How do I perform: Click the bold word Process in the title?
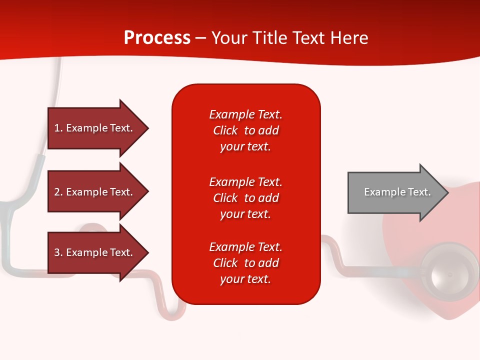[x=157, y=38]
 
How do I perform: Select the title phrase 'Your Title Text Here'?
[x=289, y=38]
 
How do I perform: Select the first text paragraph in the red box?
[x=245, y=130]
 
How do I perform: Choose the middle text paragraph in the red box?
[x=245, y=198]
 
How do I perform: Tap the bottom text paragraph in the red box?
[x=245, y=263]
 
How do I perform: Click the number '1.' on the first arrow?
[x=58, y=128]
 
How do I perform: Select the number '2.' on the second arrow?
[x=58, y=192]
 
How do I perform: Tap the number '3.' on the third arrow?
[x=58, y=252]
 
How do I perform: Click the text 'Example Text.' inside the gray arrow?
[x=397, y=192]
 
